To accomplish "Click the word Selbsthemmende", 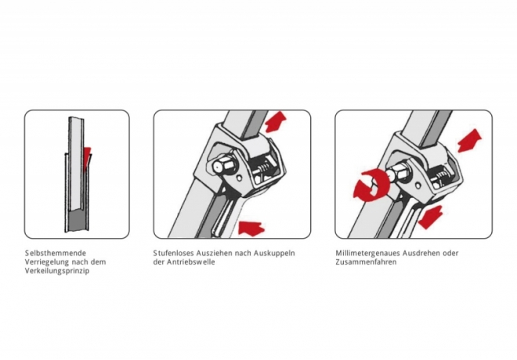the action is pyautogui.click(x=56, y=253).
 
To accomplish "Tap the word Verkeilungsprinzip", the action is pyautogui.click(x=57, y=271).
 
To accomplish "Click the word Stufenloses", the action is pyautogui.click(x=173, y=253).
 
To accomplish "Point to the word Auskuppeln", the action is pyautogui.click(x=274, y=254).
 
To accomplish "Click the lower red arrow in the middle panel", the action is pyautogui.click(x=251, y=228).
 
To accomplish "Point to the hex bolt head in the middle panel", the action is pyautogui.click(x=221, y=167).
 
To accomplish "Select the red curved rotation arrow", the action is pyautogui.click(x=371, y=185).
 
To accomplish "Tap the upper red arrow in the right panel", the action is pyautogui.click(x=469, y=141).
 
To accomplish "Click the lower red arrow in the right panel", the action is pyautogui.click(x=431, y=217).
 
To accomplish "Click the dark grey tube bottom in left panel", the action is pyautogui.click(x=78, y=221).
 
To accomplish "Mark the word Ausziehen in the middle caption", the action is pyautogui.click(x=214, y=253).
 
